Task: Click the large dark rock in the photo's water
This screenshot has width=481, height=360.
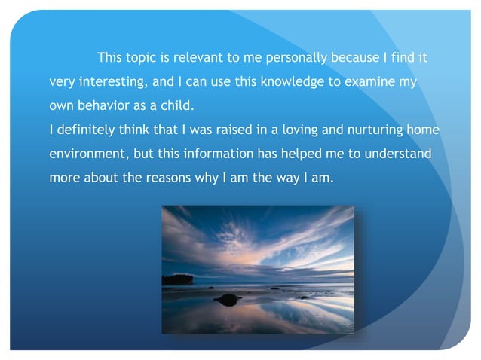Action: [x=227, y=300]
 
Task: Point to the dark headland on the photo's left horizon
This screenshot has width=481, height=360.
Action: [x=178, y=279]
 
